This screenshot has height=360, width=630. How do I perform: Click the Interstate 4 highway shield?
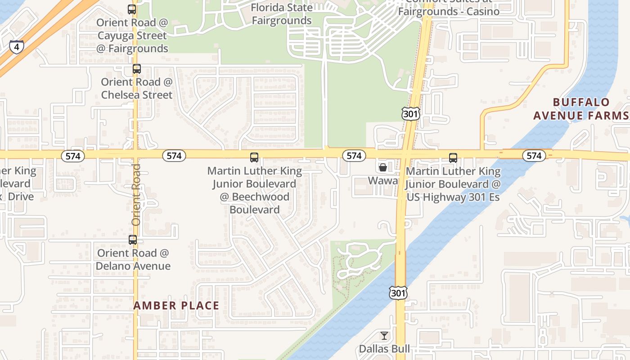coord(16,46)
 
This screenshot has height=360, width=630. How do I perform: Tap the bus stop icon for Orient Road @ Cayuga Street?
coord(132,9)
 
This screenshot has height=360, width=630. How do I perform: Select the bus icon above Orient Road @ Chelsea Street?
coord(137,69)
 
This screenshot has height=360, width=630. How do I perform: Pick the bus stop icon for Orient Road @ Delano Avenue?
coord(133,240)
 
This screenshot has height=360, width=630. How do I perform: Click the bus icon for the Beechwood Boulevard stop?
coord(254,157)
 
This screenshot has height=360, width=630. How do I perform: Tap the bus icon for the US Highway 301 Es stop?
coord(453,158)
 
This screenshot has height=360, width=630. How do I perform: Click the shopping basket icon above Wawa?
coord(383,167)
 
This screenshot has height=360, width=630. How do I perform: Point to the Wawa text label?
coord(383,181)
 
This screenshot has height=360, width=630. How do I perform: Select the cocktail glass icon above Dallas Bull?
coord(384,336)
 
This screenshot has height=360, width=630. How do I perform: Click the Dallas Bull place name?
coord(384,349)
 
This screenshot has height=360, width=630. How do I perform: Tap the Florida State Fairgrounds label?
coord(282,14)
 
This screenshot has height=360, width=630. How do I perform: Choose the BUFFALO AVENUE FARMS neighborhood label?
coord(580,109)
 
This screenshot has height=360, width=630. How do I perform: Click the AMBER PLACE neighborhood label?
coord(176,306)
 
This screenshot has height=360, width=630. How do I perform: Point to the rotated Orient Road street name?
coord(136,195)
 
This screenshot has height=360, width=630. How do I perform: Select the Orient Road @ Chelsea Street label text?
coord(137,88)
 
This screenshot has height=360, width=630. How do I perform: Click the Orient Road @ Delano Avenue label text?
coord(133,259)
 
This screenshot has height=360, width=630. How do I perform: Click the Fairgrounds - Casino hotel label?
coord(449,11)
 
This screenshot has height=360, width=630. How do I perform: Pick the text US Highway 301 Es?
coord(454,197)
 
